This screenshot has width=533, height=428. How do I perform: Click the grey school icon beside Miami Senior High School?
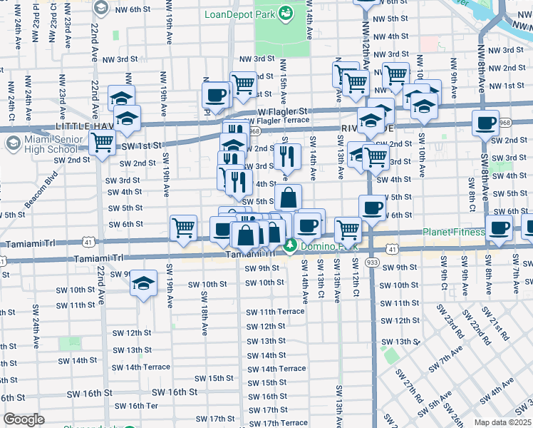[x=12, y=143]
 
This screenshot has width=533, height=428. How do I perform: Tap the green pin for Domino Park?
[x=290, y=246]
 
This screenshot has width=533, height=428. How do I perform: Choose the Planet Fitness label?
[x=453, y=232]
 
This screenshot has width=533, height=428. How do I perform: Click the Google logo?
[x=24, y=419]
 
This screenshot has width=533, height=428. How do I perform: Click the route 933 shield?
[x=372, y=263]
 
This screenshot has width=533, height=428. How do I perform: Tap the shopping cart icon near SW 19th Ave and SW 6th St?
[x=184, y=228]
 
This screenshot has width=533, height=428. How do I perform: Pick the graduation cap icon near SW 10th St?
[x=143, y=282]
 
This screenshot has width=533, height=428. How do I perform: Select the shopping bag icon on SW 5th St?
[x=289, y=197]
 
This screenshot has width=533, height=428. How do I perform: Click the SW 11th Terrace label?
[x=275, y=312]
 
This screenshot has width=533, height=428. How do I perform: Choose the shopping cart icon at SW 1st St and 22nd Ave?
[x=103, y=143]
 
